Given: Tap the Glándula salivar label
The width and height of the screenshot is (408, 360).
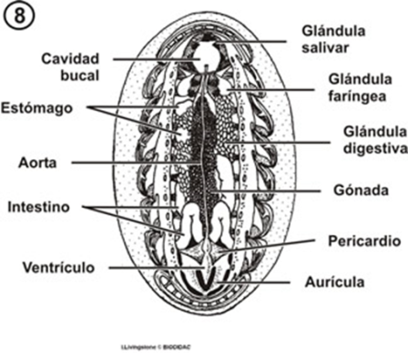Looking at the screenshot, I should tap(340, 36).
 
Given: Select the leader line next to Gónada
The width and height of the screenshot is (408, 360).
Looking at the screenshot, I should tap(273, 191).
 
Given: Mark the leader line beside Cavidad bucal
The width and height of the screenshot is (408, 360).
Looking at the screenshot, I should tap(155, 59).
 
